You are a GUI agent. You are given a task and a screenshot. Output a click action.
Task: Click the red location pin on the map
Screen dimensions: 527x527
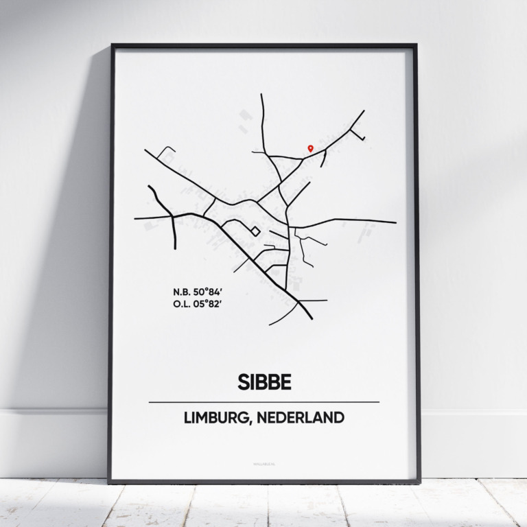tap(310, 148)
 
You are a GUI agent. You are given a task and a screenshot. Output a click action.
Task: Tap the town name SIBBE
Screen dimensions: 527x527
tap(263, 382)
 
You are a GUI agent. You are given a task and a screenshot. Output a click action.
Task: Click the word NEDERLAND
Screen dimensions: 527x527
tap(303, 418)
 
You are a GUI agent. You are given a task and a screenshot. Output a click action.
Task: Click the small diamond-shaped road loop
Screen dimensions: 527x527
tap(255, 231)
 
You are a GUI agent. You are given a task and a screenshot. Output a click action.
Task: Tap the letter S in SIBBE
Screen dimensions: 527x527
tap(244, 382)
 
